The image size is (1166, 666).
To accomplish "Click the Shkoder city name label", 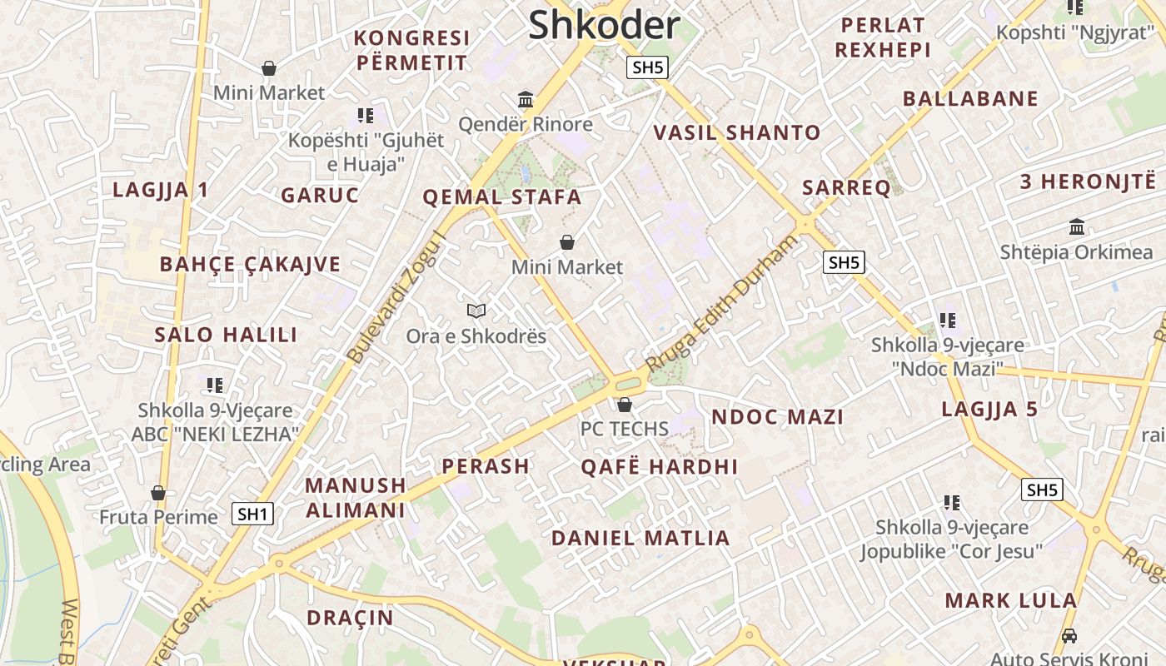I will pos(604,25).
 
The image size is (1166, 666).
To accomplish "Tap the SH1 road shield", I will pos(252,514).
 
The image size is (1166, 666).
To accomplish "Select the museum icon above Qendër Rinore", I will pos(526,100).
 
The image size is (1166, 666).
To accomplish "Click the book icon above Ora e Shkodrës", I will pos(476,311).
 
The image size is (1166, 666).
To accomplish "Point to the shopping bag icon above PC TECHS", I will pos(625,405).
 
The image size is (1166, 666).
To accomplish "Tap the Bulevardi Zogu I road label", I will pos(398,297).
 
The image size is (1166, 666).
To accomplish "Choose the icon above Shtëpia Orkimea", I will pos(1077,226).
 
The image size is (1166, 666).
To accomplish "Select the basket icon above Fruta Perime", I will pos(158,493).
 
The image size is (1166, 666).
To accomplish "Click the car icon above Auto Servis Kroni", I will pos(1069,636).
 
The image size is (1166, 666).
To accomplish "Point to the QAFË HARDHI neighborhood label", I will pos(659,466).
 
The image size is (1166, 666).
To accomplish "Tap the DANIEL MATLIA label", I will pos(640,538).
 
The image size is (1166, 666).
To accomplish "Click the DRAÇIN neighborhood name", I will pos(350,618).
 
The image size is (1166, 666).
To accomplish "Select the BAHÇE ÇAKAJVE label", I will pos(250,265).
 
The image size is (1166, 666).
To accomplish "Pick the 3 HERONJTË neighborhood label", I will pos(1088,181).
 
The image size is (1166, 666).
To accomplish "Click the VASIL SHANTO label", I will pos(736,132).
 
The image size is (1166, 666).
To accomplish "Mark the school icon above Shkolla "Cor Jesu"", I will pos(952,502).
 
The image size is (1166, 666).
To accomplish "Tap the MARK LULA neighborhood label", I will pos(1010,600).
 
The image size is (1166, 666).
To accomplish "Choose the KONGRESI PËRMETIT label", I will pos(412,50).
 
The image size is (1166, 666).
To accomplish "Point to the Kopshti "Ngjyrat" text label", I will pos(1075,33).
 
